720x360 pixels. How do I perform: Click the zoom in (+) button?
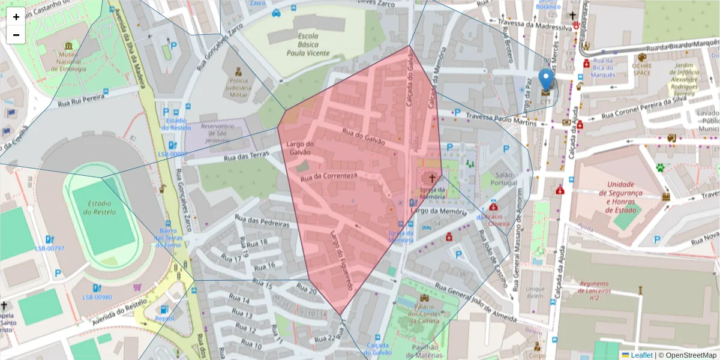pyautogui.click(x=16, y=17)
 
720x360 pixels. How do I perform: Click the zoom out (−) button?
pyautogui.click(x=16, y=35)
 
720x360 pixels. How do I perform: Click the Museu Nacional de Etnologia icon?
pyautogui.click(x=68, y=46)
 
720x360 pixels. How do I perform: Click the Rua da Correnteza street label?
pyautogui.click(x=329, y=177)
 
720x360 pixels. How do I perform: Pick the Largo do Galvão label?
pyautogui.click(x=300, y=148)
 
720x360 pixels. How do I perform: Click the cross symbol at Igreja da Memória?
pyautogui.click(x=431, y=178)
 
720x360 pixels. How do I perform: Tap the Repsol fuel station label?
pyautogui.click(x=164, y=319)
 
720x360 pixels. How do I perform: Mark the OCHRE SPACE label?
pyautogui.click(x=641, y=69)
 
